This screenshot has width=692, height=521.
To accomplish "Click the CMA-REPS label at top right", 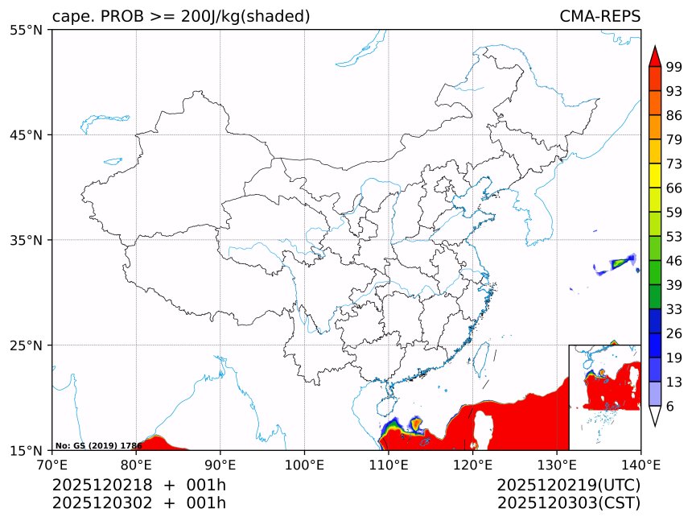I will click(x=599, y=16).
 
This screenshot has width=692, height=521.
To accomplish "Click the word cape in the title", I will click(x=70, y=17).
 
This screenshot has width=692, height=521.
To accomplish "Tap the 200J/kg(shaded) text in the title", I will click(x=248, y=16).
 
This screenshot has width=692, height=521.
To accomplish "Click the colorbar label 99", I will click(x=673, y=67).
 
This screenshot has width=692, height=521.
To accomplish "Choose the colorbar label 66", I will click(x=673, y=188).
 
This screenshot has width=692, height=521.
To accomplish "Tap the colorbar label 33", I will click(x=673, y=309).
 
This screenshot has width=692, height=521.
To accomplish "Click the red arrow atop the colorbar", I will click(x=655, y=56).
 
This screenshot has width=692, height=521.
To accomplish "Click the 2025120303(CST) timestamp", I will click(x=568, y=503).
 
